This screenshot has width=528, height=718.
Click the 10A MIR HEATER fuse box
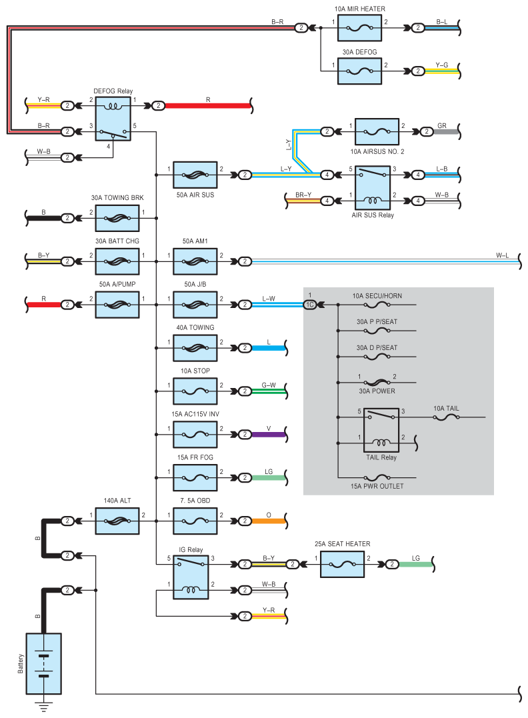[x=359, y=28]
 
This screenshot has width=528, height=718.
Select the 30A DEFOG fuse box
[x=359, y=71]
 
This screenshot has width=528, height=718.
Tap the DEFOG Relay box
[x=113, y=119]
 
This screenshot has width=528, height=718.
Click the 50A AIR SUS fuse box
[x=195, y=175]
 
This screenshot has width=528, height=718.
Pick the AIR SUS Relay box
[x=373, y=188]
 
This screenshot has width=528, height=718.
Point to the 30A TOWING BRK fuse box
[x=117, y=219]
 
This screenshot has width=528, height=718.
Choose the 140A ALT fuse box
[x=117, y=521]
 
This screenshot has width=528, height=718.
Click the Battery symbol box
[x=43, y=663]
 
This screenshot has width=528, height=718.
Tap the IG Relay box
[x=191, y=577]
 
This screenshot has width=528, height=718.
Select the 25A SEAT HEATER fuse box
[x=342, y=564]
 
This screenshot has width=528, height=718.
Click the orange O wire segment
[x=269, y=521]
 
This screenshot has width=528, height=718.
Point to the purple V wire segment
[x=269, y=435]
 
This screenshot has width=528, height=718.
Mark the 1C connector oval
[x=310, y=305]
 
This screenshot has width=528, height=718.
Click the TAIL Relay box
[x=381, y=430]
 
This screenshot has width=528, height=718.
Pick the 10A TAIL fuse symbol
[x=446, y=417]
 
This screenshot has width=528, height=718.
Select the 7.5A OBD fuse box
[x=195, y=521]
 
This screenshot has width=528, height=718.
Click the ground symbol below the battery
[x=43, y=707]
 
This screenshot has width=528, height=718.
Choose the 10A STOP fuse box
[x=195, y=391]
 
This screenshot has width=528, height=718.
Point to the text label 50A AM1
[x=195, y=241]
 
